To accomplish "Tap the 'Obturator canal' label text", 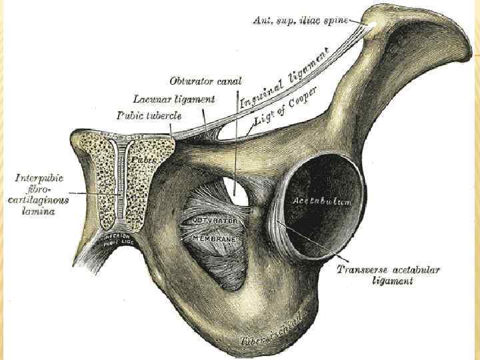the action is click(205, 82).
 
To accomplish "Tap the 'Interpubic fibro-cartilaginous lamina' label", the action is click(43, 194).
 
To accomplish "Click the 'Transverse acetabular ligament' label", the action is click(387, 275).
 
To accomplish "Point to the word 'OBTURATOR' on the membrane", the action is click(215, 220).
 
